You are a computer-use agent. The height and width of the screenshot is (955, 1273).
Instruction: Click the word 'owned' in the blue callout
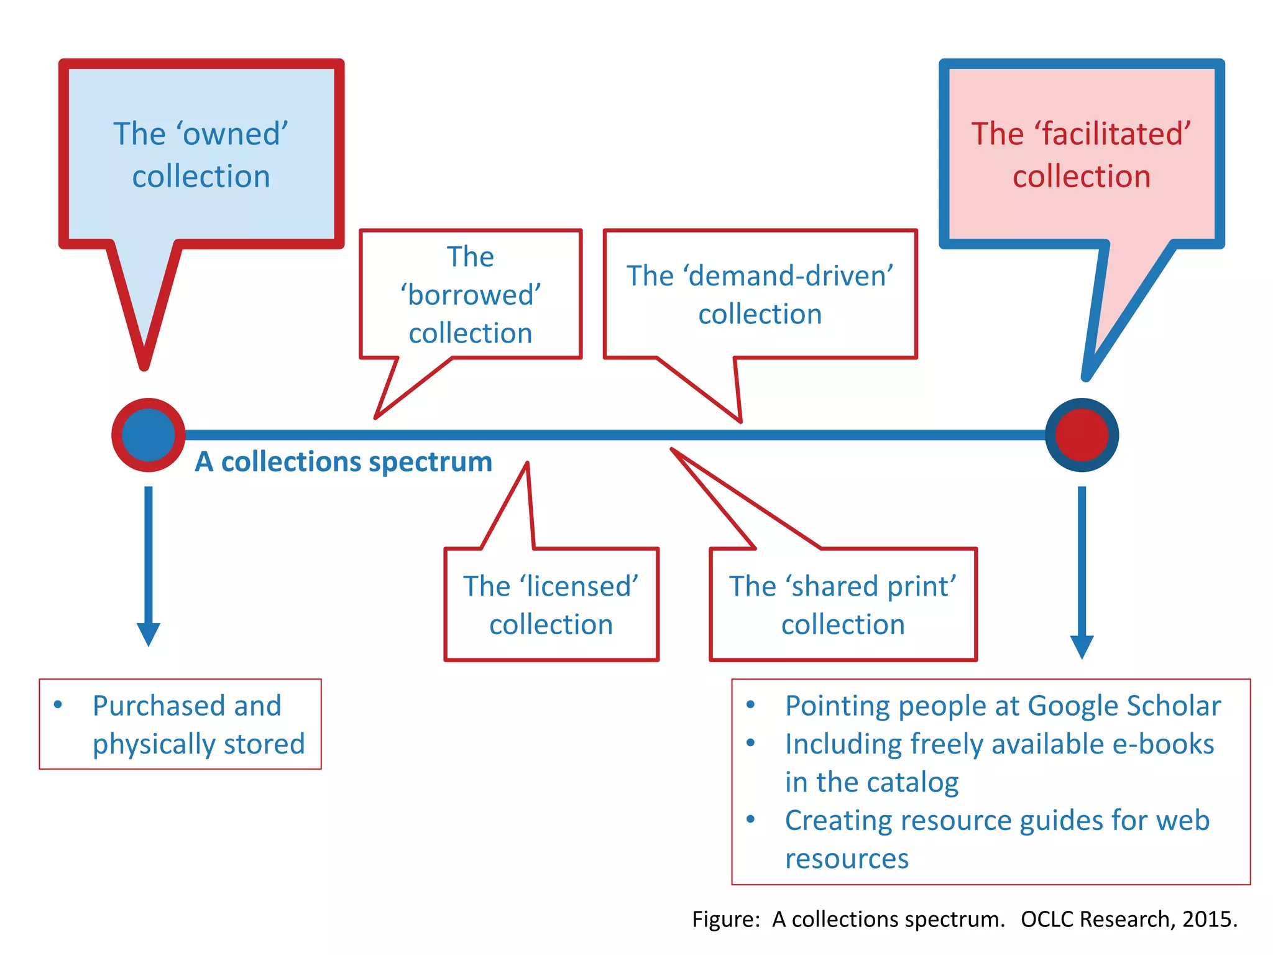click(x=232, y=134)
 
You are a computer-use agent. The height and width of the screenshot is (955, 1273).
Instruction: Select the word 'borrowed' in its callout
click(x=471, y=295)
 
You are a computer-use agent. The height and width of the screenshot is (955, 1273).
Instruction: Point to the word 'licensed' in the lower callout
click(x=579, y=586)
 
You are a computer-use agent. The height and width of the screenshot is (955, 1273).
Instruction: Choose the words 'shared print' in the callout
click(x=870, y=586)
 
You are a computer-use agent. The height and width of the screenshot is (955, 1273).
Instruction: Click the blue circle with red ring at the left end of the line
click(x=148, y=435)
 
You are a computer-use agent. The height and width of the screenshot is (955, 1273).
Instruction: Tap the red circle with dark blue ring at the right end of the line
click(x=1082, y=435)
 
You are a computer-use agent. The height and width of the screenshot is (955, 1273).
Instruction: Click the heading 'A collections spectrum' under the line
click(x=344, y=462)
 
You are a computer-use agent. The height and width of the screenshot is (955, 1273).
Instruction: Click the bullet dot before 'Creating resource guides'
click(x=751, y=819)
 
